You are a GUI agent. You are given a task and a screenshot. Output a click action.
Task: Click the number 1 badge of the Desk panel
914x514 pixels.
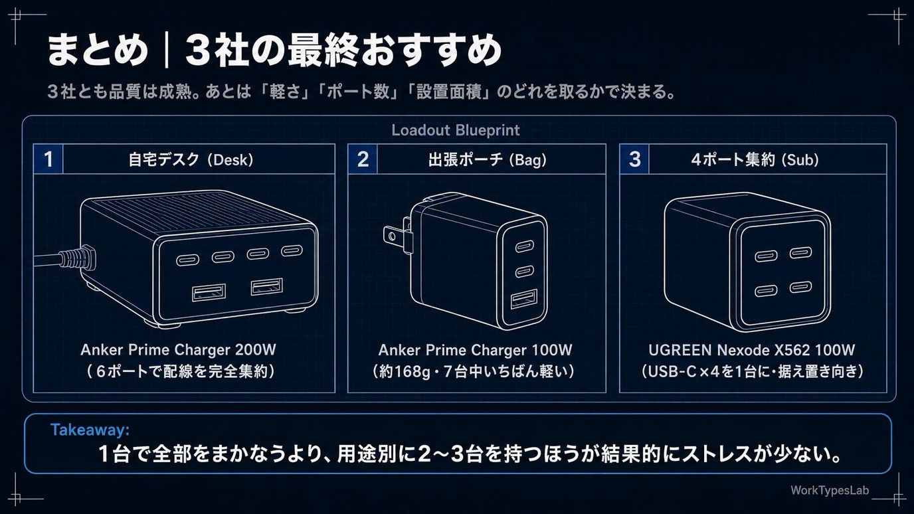pyautogui.click(x=48, y=159)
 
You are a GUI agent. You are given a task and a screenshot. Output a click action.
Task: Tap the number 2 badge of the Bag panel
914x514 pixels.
pyautogui.click(x=363, y=159)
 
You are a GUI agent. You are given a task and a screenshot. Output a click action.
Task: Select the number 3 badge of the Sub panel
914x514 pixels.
pyautogui.click(x=634, y=159)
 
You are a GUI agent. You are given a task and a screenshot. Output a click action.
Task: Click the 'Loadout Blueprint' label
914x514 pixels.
pyautogui.click(x=456, y=130)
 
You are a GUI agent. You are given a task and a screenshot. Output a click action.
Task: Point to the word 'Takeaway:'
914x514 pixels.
pyautogui.click(x=90, y=430)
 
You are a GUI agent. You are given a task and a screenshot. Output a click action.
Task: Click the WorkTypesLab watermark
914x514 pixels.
pyautogui.click(x=830, y=490)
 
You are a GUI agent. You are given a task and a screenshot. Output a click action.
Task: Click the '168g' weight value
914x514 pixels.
pyautogui.click(x=412, y=372)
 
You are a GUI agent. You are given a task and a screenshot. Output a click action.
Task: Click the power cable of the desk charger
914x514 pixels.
pyautogui.click(x=61, y=258)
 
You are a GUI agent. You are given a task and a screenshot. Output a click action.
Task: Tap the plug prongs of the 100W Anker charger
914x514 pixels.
pyautogui.click(x=397, y=234)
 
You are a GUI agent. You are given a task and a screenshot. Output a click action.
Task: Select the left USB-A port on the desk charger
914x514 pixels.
pyautogui.click(x=209, y=292)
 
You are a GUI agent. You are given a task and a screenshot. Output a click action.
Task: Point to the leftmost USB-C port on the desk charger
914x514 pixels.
pyautogui.click(x=188, y=260)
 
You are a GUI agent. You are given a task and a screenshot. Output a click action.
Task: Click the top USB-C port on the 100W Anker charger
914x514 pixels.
pyautogui.click(x=524, y=246)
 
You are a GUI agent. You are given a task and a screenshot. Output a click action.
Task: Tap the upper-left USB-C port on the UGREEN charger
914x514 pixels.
pyautogui.click(x=765, y=256)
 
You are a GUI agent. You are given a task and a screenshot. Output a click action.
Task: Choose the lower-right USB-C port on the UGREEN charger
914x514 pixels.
pyautogui.click(x=800, y=287)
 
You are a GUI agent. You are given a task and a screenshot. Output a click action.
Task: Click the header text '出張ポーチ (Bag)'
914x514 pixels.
pyautogui.click(x=487, y=159)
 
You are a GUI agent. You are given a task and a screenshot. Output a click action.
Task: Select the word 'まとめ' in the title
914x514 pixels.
pyautogui.click(x=97, y=51)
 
